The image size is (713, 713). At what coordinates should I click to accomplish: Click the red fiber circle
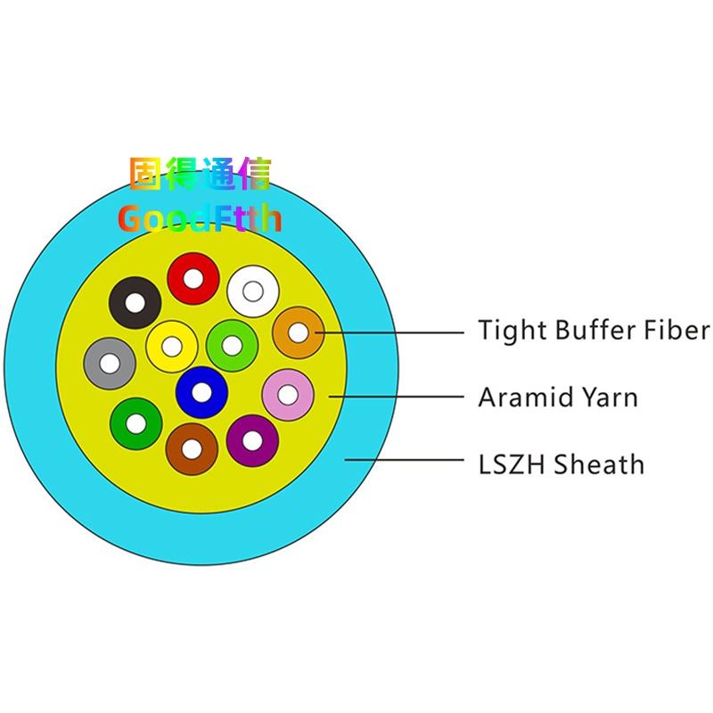[x=193, y=278]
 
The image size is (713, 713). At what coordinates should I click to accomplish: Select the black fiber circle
[x=135, y=302]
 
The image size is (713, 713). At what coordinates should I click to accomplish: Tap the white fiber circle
[x=252, y=291]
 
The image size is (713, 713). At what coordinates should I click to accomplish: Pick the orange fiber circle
[x=298, y=332]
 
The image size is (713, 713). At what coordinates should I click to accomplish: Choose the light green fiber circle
[x=232, y=344]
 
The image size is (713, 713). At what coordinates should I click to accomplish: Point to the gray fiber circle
[x=110, y=364]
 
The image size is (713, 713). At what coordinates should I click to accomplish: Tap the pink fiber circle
[x=288, y=394]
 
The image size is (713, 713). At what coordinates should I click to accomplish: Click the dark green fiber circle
[x=136, y=422]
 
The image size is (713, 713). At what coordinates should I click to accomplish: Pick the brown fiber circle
[x=192, y=447]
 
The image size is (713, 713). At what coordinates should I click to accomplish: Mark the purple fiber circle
[x=252, y=440]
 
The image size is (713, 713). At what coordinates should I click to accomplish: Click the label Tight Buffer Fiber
[x=594, y=331]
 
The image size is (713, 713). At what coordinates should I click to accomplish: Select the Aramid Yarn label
[x=558, y=397]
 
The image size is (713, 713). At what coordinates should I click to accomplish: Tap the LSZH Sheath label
[x=561, y=463]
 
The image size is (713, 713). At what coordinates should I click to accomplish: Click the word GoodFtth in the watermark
[x=200, y=217]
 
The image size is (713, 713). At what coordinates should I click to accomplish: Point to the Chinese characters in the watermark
[x=200, y=175]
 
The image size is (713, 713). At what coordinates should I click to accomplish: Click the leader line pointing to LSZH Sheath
[x=406, y=461]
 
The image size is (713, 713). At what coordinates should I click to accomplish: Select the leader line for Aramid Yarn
[x=397, y=395]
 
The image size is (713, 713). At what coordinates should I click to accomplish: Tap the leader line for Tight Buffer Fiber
[x=392, y=332]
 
